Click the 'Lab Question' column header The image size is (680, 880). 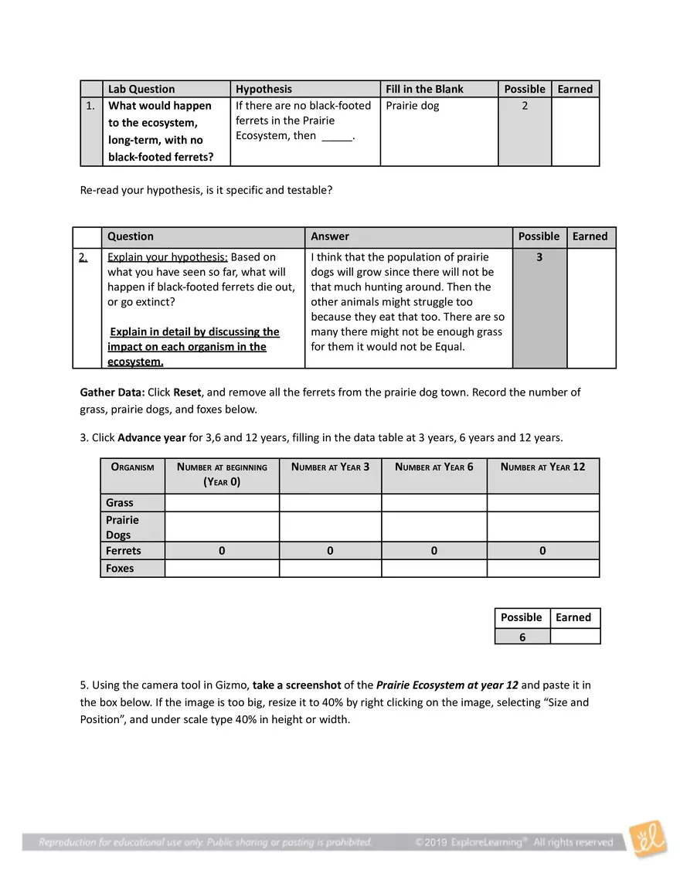click(141, 89)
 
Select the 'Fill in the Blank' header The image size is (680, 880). click(424, 89)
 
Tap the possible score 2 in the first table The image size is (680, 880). click(525, 106)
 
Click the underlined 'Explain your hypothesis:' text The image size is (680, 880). click(167, 257)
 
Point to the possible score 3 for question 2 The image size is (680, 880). click(539, 257)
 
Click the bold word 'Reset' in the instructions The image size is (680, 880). click(187, 392)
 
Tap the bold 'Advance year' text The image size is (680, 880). click(151, 438)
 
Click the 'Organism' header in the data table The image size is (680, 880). click(132, 467)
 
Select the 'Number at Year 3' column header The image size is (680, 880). click(330, 467)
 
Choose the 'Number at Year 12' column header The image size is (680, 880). click(542, 467)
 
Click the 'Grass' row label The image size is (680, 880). click(120, 503)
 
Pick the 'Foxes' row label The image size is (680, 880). click(120, 569)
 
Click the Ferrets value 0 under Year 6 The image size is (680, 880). click(434, 551)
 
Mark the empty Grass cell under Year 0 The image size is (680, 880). click(222, 503)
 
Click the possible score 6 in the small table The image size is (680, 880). click(522, 637)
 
